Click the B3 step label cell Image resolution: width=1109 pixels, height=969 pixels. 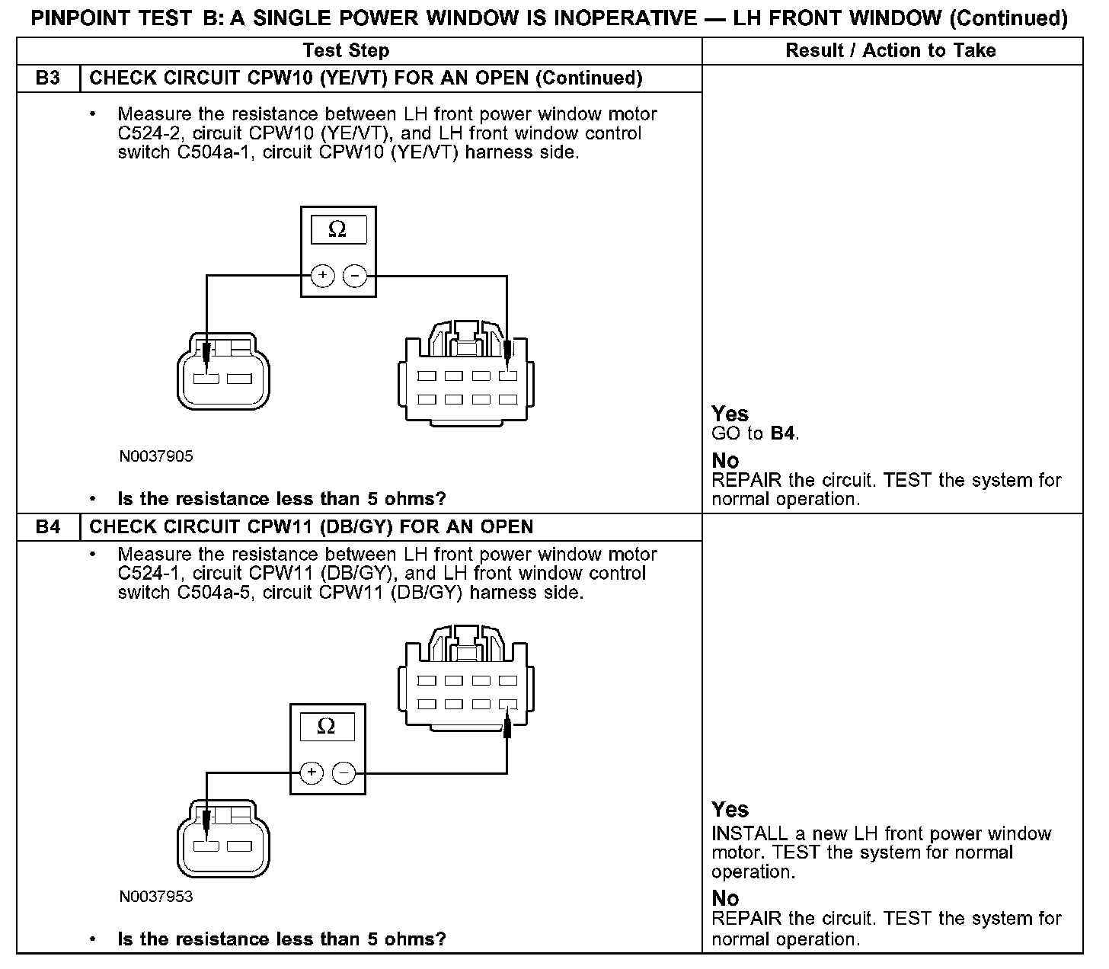[48, 78]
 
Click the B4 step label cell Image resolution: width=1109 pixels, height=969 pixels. [48, 527]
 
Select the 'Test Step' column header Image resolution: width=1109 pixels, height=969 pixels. [346, 51]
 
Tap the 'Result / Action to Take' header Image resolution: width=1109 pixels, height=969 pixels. [890, 51]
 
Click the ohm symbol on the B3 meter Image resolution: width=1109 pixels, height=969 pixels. [337, 229]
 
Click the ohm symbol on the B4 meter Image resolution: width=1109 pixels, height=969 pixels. [326, 726]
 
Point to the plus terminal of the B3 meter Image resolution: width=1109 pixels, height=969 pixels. [322, 276]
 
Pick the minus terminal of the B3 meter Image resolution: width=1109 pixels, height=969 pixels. [355, 276]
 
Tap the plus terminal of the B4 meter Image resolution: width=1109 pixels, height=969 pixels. [311, 773]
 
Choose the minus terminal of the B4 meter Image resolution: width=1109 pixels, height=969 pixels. [344, 773]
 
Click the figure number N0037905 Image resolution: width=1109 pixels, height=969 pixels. [156, 456]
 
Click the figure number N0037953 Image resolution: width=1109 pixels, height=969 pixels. [156, 897]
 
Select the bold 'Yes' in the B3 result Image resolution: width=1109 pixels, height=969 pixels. [730, 414]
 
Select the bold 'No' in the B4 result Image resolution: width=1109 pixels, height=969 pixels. [725, 899]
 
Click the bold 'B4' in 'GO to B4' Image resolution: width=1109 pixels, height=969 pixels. [783, 434]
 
